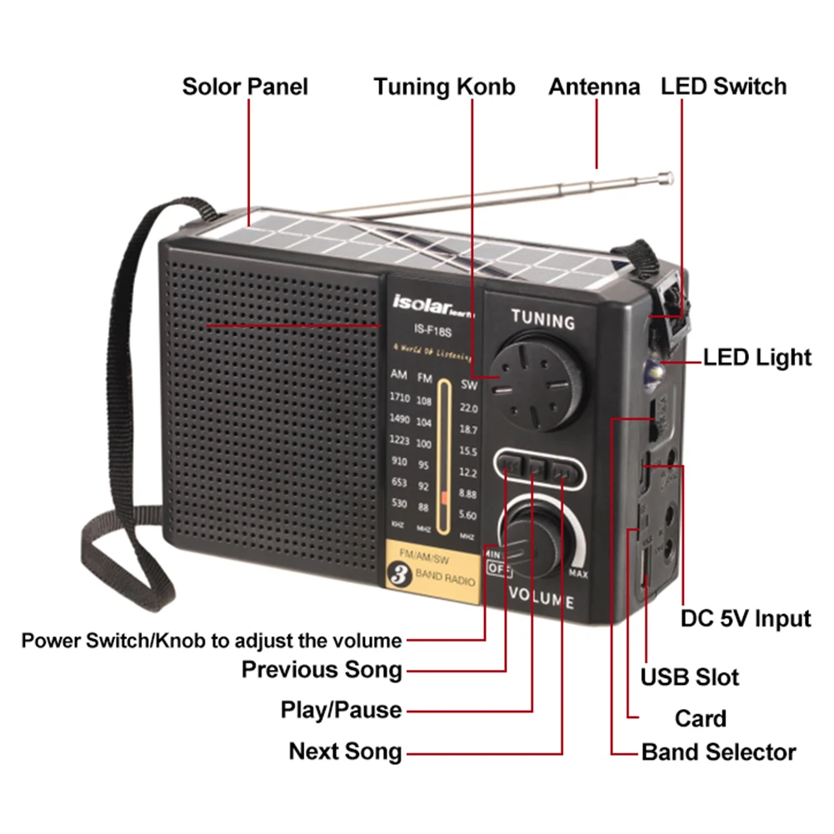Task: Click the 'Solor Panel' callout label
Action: tap(245, 87)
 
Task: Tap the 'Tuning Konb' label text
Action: tap(444, 87)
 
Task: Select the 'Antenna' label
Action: tap(594, 87)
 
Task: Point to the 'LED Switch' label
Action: tap(723, 87)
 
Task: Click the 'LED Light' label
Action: tap(757, 357)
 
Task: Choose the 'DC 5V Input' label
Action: tap(745, 618)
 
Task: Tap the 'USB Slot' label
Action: tap(689, 677)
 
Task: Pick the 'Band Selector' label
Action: tap(718, 752)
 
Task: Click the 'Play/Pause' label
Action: tap(341, 711)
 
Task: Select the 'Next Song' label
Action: tap(345, 752)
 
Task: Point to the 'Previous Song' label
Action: tap(322, 669)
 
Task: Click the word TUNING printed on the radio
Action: tap(542, 319)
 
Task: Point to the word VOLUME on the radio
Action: tap(540, 597)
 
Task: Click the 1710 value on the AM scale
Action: tap(399, 397)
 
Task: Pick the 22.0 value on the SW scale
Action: tap(468, 408)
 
